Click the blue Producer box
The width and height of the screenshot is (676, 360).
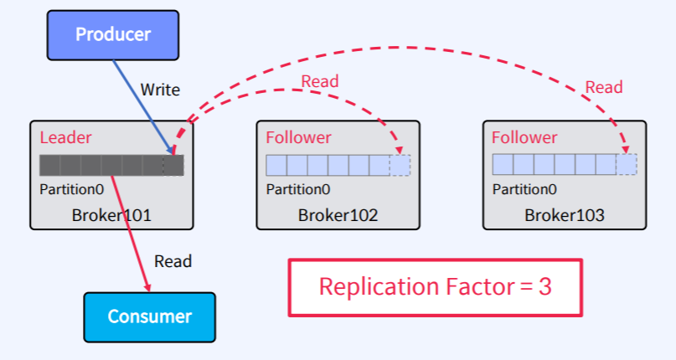tap(113, 34)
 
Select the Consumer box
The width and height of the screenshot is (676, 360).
tap(149, 317)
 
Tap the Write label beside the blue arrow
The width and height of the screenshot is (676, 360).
tap(159, 90)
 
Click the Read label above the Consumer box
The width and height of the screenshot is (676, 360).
tap(173, 261)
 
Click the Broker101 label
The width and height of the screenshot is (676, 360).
tap(111, 215)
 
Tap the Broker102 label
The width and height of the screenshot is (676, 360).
tap(338, 215)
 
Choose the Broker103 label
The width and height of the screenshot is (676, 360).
tap(565, 215)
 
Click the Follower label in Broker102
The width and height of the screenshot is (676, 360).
tap(298, 137)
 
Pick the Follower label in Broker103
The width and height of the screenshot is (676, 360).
tap(524, 137)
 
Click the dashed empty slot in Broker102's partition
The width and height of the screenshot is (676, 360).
tap(400, 165)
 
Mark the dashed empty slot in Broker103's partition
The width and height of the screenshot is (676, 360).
tap(627, 165)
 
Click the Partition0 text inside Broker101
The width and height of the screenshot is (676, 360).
tap(71, 189)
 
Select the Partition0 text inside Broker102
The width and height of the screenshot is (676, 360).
tap(298, 189)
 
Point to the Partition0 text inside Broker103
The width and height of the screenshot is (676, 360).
tap(524, 189)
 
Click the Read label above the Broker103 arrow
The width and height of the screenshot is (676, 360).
tap(603, 87)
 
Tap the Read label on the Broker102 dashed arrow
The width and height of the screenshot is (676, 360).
tap(320, 81)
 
